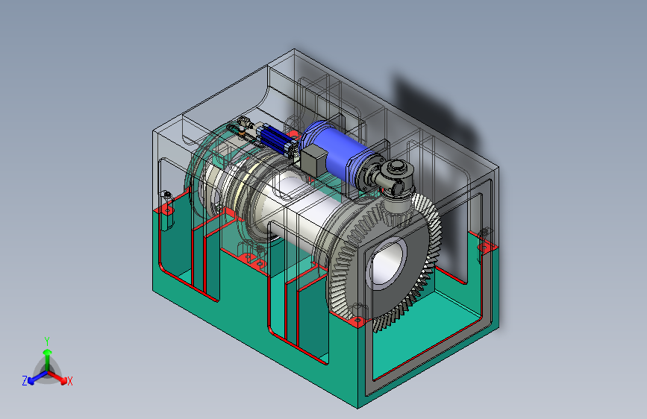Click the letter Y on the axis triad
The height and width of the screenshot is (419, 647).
[47, 341]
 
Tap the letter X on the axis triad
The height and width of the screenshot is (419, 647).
[69, 381]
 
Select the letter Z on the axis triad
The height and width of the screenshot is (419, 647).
[25, 381]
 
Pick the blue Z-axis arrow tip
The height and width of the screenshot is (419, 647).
[32, 381]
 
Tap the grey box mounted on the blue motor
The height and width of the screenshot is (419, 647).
[313, 160]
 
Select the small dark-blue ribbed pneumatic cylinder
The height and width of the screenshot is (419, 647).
[275, 139]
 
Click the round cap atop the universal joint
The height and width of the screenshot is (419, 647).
[396, 167]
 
